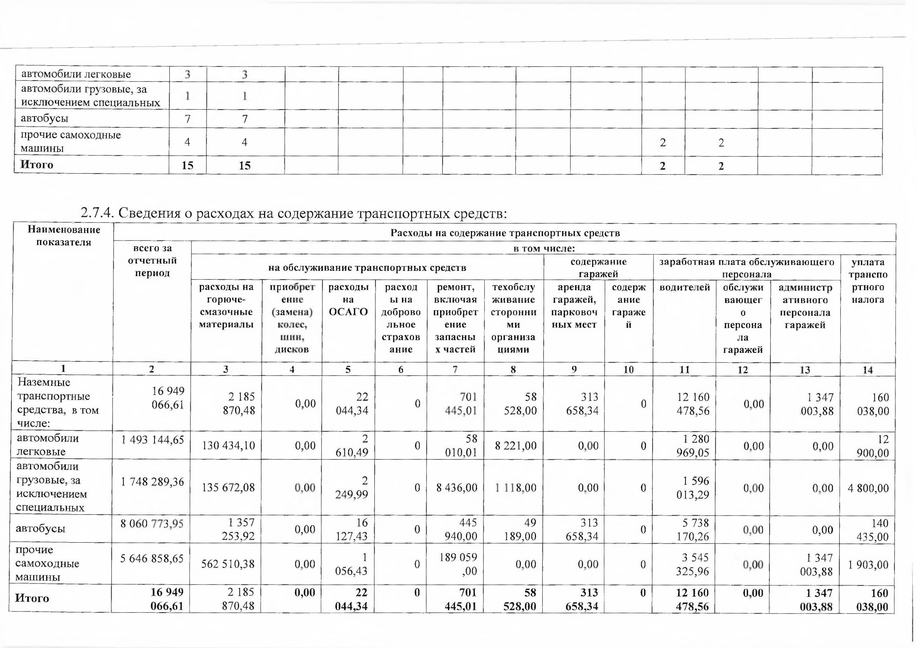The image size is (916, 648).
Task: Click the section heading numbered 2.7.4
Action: click(294, 214)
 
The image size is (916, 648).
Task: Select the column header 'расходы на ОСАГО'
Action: click(348, 299)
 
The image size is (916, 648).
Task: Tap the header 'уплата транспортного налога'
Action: click(868, 281)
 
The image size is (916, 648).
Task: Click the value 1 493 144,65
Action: click(152, 440)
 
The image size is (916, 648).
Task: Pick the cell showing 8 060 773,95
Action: click(152, 523)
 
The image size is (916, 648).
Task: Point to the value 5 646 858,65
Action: click(152, 558)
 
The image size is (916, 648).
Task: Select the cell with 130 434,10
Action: click(228, 445)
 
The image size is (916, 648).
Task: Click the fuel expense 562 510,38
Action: click(228, 564)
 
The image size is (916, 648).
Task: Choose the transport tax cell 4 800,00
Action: click(868, 488)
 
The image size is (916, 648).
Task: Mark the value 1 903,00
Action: click(868, 565)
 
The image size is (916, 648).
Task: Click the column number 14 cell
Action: click(868, 370)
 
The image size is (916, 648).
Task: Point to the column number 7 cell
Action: click(455, 370)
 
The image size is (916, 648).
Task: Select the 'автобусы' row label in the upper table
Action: click(45, 118)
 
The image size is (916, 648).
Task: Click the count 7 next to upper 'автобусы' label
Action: click(187, 119)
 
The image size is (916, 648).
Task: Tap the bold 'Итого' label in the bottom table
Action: click(32, 598)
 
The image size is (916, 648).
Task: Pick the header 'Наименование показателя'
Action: click(64, 236)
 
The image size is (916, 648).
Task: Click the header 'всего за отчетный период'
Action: click(152, 260)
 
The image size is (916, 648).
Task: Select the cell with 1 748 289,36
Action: click(152, 482)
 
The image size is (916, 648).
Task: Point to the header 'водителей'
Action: click(684, 287)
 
